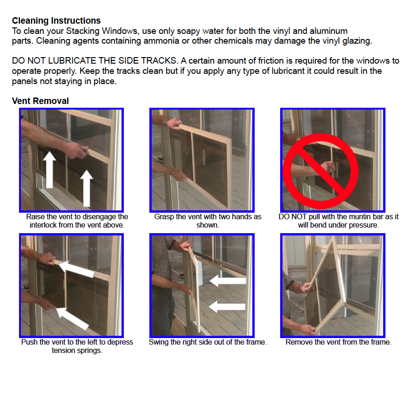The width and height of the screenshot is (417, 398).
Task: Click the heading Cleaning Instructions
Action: tap(56, 21)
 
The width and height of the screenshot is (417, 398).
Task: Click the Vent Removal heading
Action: tap(40, 101)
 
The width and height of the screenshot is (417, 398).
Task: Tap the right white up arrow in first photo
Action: tap(86, 188)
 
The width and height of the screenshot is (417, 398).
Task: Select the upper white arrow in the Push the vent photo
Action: tap(77, 269)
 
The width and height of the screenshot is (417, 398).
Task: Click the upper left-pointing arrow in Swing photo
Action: tap(227, 281)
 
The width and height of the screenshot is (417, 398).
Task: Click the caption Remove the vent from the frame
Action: tap(338, 342)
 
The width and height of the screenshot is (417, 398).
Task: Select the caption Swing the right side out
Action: tap(207, 342)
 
